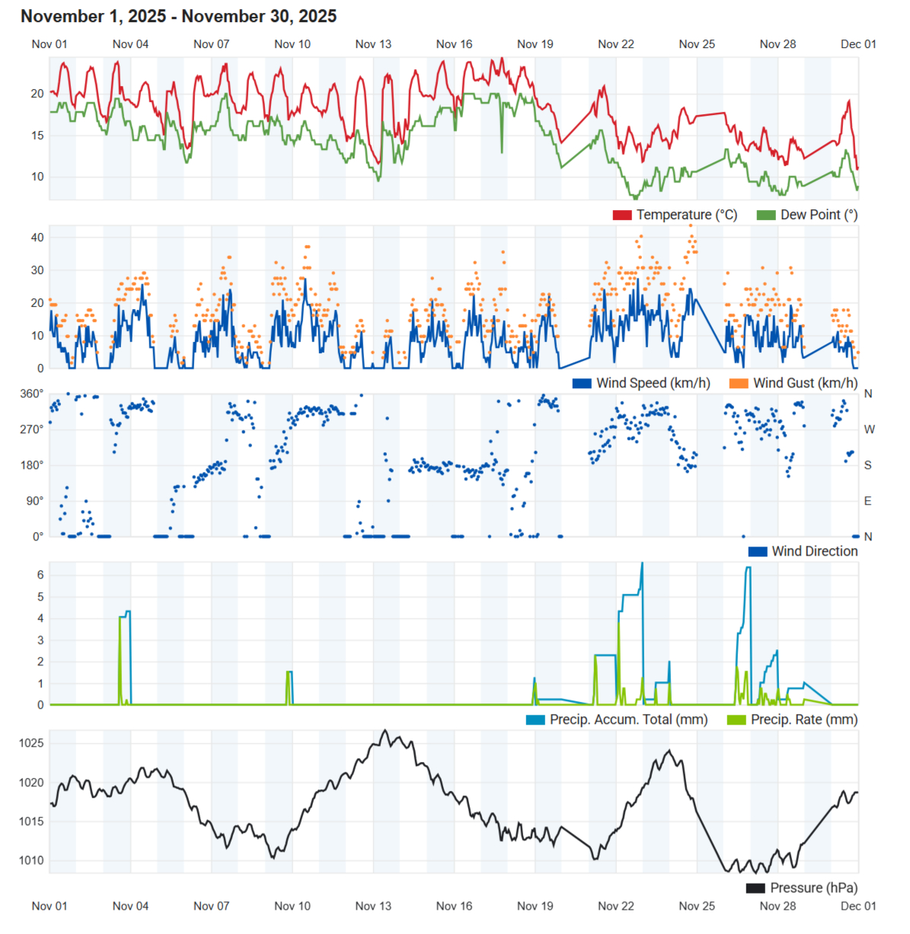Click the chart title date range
[178, 16]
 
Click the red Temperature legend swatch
[622, 215]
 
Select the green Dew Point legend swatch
[765, 215]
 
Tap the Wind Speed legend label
[653, 384]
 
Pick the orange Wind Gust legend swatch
[739, 384]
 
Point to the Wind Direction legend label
[814, 552]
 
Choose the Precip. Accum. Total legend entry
[628, 720]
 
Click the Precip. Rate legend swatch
[736, 720]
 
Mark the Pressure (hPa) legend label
[813, 888]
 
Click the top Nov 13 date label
[373, 44]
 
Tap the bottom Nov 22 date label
[616, 907]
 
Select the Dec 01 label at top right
[858, 44]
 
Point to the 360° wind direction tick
[31, 394]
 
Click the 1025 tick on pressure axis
[31, 744]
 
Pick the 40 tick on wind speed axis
[37, 237]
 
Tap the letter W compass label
[869, 430]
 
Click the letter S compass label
[868, 466]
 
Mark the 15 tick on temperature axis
[37, 136]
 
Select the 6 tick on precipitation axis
[41, 575]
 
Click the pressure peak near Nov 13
[385, 731]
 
